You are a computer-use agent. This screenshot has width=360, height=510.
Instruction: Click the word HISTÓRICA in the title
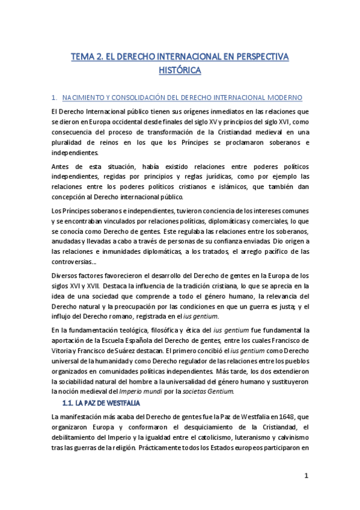(180, 70)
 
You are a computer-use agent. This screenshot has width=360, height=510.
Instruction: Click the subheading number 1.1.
(70, 402)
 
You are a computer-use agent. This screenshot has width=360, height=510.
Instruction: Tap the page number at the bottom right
(306, 476)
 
